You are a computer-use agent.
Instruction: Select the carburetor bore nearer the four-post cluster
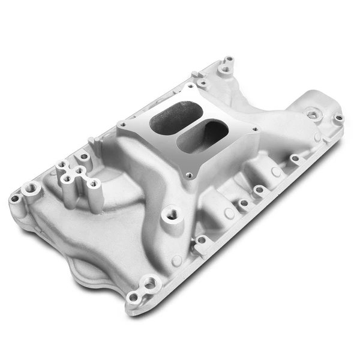click(x=172, y=116)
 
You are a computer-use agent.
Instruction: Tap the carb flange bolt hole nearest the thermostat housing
click(x=256, y=129)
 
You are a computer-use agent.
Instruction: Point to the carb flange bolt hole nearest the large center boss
click(x=190, y=176)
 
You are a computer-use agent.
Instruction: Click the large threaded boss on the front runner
click(x=170, y=213)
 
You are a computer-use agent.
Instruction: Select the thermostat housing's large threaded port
click(x=311, y=113)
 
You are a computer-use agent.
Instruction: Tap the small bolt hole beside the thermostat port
click(x=338, y=118)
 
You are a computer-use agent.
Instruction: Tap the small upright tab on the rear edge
click(x=92, y=142)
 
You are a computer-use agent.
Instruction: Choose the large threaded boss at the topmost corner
click(x=224, y=70)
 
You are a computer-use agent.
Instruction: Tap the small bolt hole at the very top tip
click(x=229, y=59)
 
